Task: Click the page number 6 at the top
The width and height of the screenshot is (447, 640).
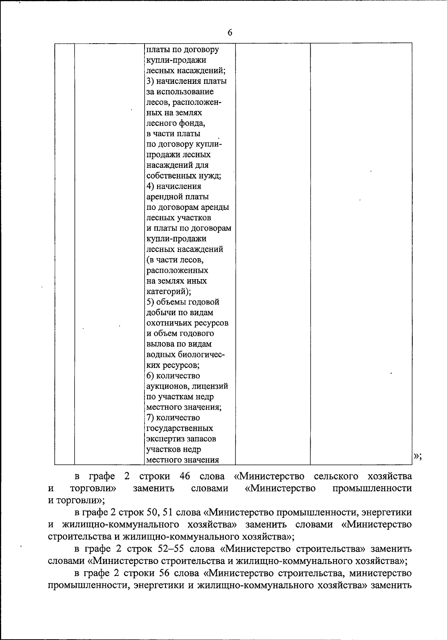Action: pyautogui.click(x=229, y=33)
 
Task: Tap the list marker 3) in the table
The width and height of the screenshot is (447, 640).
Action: pyautogui.click(x=150, y=81)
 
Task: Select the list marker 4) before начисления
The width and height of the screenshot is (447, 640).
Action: pyautogui.click(x=150, y=186)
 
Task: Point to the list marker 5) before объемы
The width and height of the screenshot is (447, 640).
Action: pyautogui.click(x=150, y=302)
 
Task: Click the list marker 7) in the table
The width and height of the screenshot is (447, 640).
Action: pyautogui.click(x=150, y=418)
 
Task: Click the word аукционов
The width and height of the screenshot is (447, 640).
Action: pyautogui.click(x=167, y=387)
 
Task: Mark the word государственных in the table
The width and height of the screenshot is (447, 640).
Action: pyautogui.click(x=180, y=429)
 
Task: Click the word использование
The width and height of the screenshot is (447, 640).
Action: pyautogui.click(x=185, y=92)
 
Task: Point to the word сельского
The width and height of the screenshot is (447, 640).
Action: pyautogui.click(x=336, y=476)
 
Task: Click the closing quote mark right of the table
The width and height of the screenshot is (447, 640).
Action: pyautogui.click(x=417, y=456)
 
